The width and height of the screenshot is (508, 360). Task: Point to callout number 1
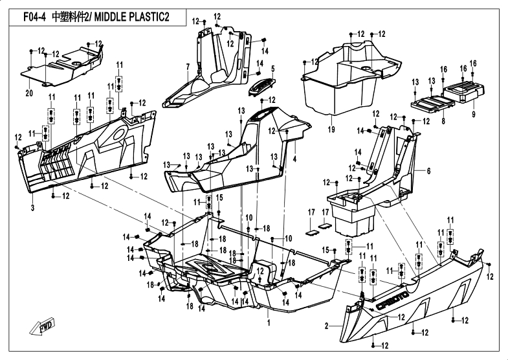click(268, 322)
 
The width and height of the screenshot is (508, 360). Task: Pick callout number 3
click(32, 207)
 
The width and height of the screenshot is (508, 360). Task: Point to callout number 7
click(187, 67)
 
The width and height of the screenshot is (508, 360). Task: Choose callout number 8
click(443, 120)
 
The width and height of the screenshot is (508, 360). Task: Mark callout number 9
click(473, 114)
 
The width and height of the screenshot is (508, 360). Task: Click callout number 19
click(332, 129)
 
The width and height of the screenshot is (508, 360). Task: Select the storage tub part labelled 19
click(343, 78)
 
